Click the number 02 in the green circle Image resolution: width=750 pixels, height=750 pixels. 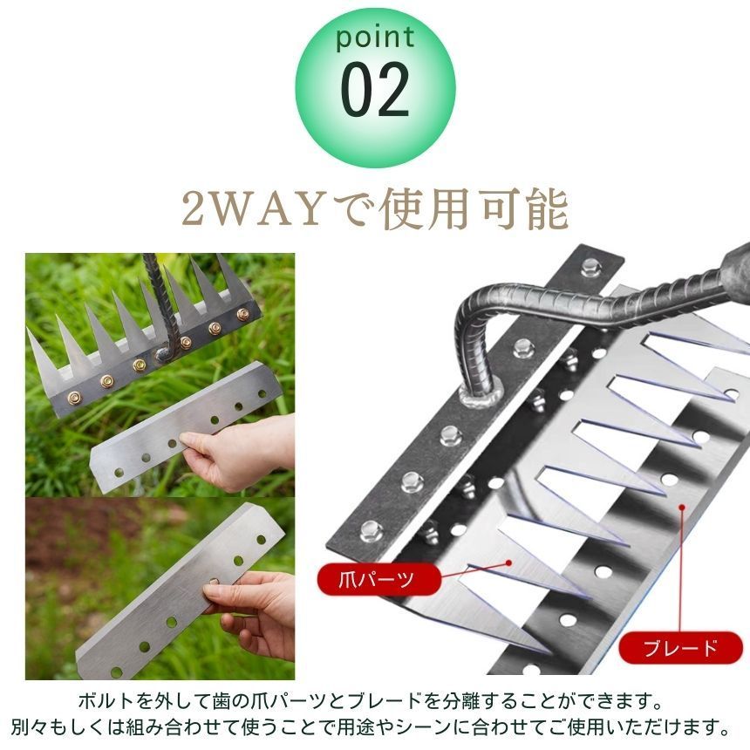tap(375, 91)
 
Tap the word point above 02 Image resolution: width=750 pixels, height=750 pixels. tap(375, 39)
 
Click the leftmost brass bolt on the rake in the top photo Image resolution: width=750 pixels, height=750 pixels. tap(74, 398)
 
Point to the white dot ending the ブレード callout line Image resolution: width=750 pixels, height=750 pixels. tap(682, 504)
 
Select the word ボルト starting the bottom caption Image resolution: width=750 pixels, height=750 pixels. tap(109, 702)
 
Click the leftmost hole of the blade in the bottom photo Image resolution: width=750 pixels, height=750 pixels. tap(117, 670)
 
